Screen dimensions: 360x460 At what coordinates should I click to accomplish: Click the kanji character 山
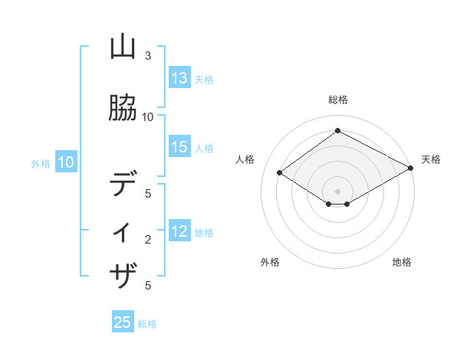(x=123, y=49)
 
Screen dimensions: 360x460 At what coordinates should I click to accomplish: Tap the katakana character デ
(x=123, y=185)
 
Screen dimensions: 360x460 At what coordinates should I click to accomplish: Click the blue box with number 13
(x=179, y=78)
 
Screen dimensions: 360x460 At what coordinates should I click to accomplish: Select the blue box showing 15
(x=179, y=148)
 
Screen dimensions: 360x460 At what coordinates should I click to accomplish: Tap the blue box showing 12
(x=179, y=232)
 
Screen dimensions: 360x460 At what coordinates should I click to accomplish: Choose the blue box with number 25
(x=123, y=322)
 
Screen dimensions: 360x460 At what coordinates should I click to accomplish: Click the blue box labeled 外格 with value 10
(x=65, y=162)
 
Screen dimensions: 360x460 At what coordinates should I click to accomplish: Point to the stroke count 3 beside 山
(x=148, y=56)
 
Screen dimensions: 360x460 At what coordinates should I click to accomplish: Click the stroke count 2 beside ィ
(x=148, y=240)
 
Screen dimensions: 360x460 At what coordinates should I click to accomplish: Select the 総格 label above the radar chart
(x=337, y=100)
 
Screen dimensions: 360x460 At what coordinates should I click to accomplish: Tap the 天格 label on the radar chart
(x=431, y=159)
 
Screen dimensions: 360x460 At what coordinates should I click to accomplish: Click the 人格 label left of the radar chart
(x=245, y=159)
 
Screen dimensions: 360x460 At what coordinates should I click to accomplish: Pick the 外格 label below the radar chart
(x=270, y=262)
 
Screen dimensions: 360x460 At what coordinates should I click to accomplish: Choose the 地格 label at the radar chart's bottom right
(x=402, y=262)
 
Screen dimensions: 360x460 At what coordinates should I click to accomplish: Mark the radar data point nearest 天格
(x=411, y=169)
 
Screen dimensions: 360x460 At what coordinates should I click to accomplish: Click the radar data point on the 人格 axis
(x=280, y=173)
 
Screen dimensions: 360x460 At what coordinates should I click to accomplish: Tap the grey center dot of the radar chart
(x=337, y=191)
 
